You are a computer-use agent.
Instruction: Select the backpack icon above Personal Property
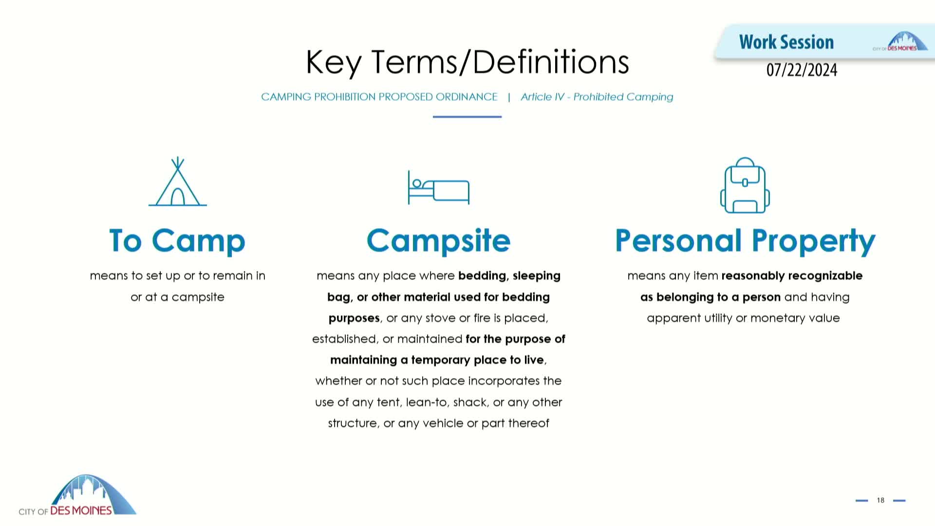pos(745,185)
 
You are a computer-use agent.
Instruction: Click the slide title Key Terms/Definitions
pos(467,62)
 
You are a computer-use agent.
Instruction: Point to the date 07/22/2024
pos(802,70)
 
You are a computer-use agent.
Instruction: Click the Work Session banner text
pos(786,42)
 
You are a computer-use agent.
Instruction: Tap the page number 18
pos(880,500)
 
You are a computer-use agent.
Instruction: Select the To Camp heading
pos(177,241)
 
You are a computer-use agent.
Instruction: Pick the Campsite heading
pos(438,241)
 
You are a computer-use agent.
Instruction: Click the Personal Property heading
pos(745,241)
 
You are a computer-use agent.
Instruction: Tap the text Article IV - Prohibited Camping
pos(597,97)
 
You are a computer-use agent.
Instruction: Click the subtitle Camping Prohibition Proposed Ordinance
pos(379,97)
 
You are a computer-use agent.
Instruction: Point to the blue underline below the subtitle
pos(467,117)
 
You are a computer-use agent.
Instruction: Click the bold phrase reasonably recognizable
pos(792,276)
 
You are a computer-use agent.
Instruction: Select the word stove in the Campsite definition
pos(441,318)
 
